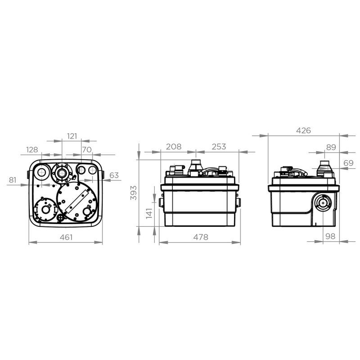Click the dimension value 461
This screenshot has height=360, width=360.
point(66,238)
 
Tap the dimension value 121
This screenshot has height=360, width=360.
point(72,135)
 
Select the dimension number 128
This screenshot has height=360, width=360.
point(32,149)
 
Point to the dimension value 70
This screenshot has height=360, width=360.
point(86,149)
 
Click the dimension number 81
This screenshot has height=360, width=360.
point(12,180)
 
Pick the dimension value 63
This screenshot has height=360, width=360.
point(114,175)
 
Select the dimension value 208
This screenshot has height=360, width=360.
point(173,147)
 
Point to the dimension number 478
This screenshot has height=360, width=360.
point(201,238)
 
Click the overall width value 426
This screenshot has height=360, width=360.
point(303,130)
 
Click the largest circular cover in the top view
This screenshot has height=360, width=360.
point(76,201)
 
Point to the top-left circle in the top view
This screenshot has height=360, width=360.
point(41,171)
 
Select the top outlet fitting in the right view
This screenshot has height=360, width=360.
point(324,169)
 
